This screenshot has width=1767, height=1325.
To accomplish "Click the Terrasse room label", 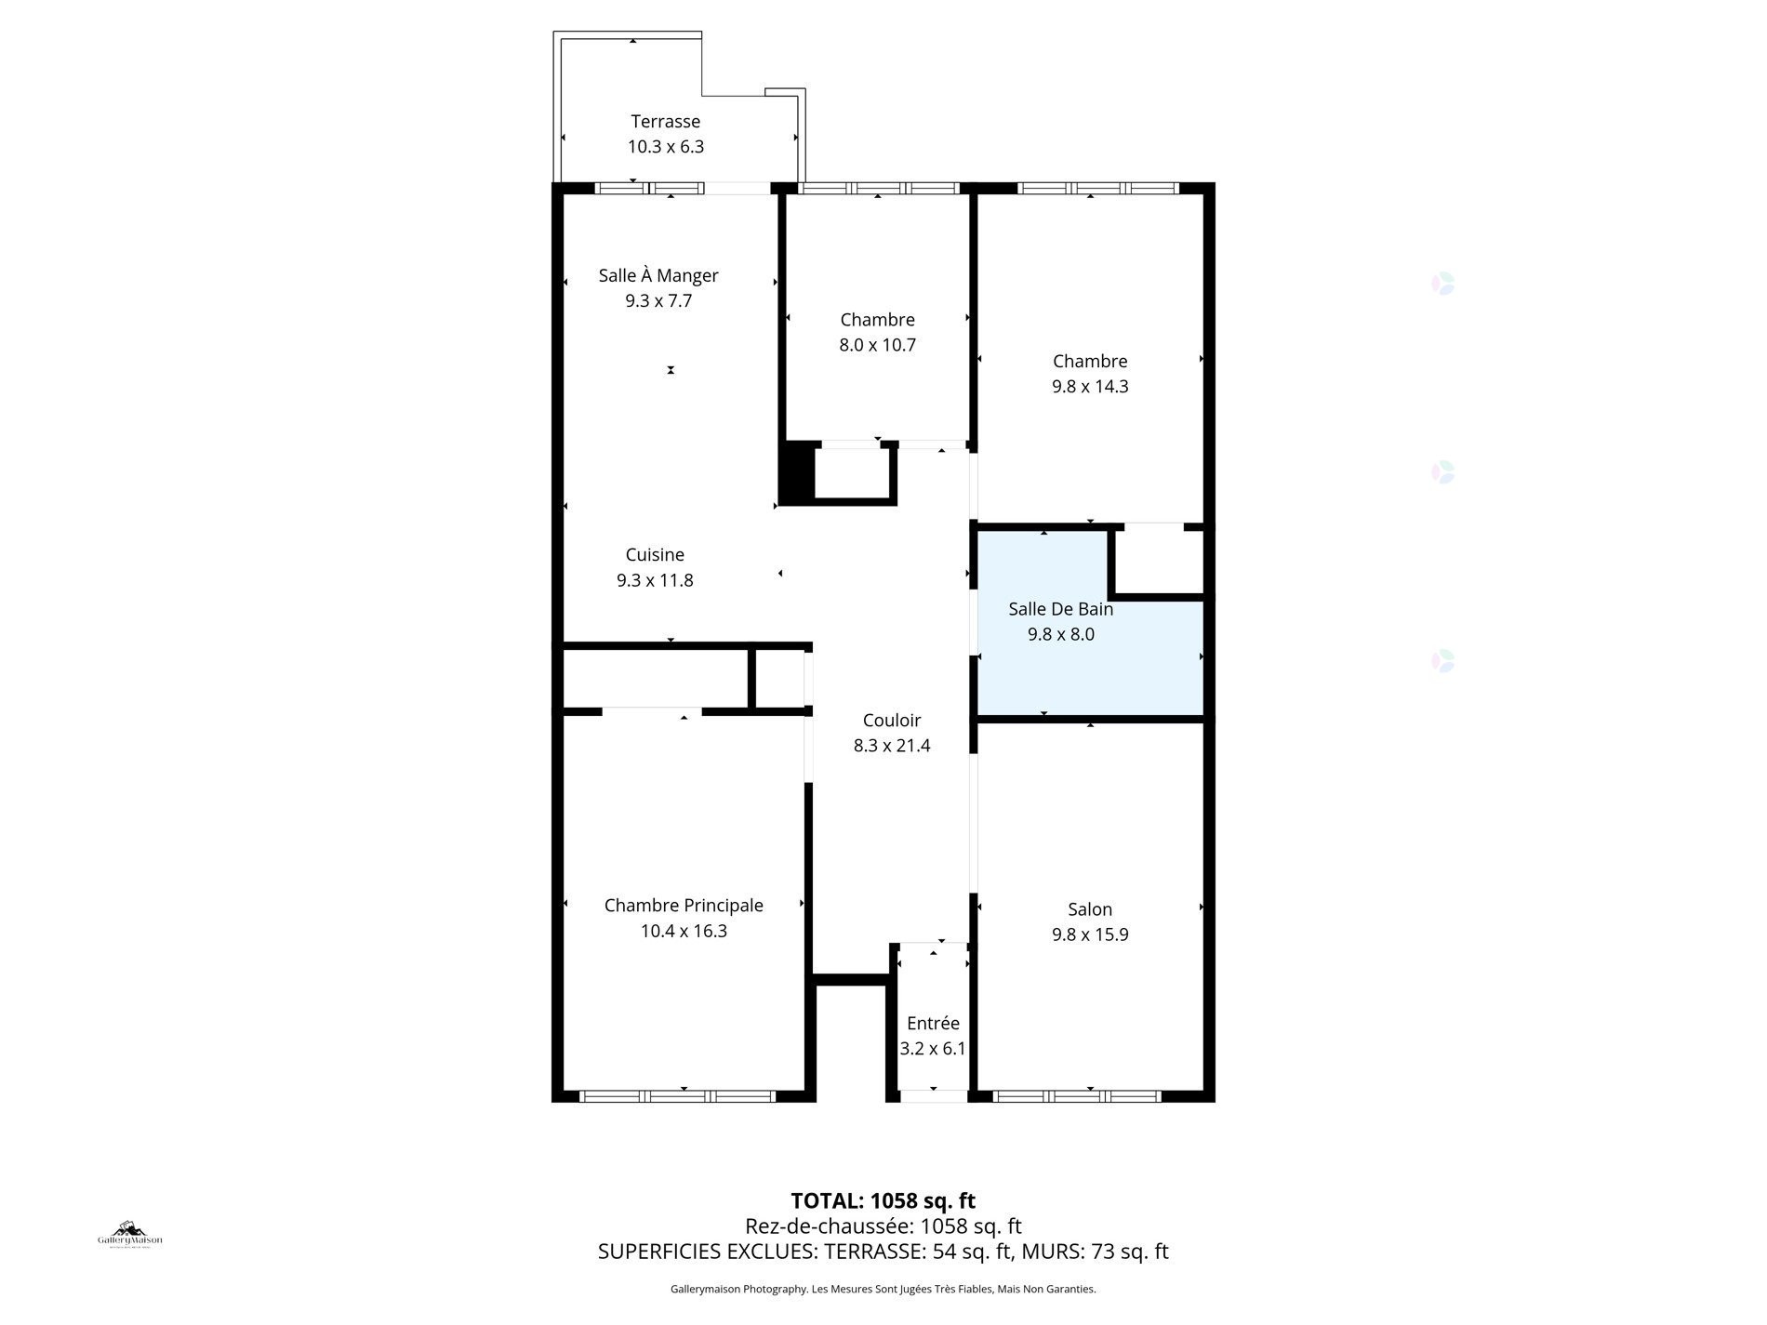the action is click(666, 121).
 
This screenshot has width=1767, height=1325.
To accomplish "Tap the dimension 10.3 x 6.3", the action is click(666, 147).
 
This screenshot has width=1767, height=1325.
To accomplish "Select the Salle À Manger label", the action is click(658, 275).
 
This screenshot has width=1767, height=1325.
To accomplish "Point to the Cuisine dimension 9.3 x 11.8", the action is click(655, 580).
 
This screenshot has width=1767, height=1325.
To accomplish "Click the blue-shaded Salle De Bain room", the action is click(1088, 651).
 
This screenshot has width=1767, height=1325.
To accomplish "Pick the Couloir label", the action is click(892, 720).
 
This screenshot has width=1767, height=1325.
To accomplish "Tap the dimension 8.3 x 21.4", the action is click(892, 746).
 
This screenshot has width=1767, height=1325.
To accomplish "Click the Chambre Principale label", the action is click(684, 906).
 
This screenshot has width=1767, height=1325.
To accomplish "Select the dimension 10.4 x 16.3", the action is click(684, 932).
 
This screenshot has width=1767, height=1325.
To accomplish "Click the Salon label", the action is click(1090, 909).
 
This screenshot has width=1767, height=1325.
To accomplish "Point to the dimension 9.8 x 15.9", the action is click(1090, 934).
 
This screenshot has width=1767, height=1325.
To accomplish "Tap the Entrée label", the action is click(933, 1023).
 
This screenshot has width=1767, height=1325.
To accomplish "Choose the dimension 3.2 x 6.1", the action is click(933, 1049).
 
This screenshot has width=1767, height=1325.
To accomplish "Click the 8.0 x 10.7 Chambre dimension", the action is click(878, 345).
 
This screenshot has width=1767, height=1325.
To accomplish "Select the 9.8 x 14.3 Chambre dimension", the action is click(1090, 387).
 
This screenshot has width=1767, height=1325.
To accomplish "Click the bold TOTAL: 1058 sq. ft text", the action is click(883, 1201).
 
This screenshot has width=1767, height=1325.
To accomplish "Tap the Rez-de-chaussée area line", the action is click(883, 1226).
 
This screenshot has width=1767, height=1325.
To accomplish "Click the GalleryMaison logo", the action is click(130, 1235).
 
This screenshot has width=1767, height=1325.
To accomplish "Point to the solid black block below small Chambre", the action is click(796, 474).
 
